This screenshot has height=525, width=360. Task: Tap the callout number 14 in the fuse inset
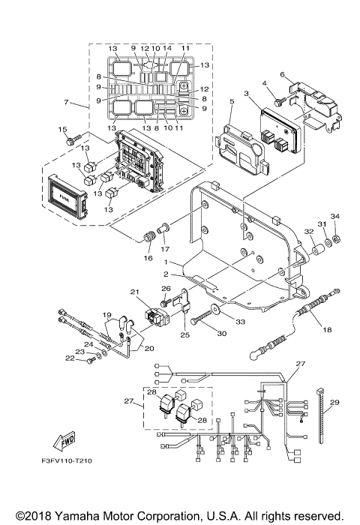point(167,49)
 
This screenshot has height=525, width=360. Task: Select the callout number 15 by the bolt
point(64,130)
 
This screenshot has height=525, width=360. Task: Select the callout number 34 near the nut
point(334,217)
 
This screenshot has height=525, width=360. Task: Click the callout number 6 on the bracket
point(282,75)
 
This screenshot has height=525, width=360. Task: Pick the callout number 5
point(232,100)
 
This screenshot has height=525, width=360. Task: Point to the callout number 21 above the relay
point(135,292)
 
